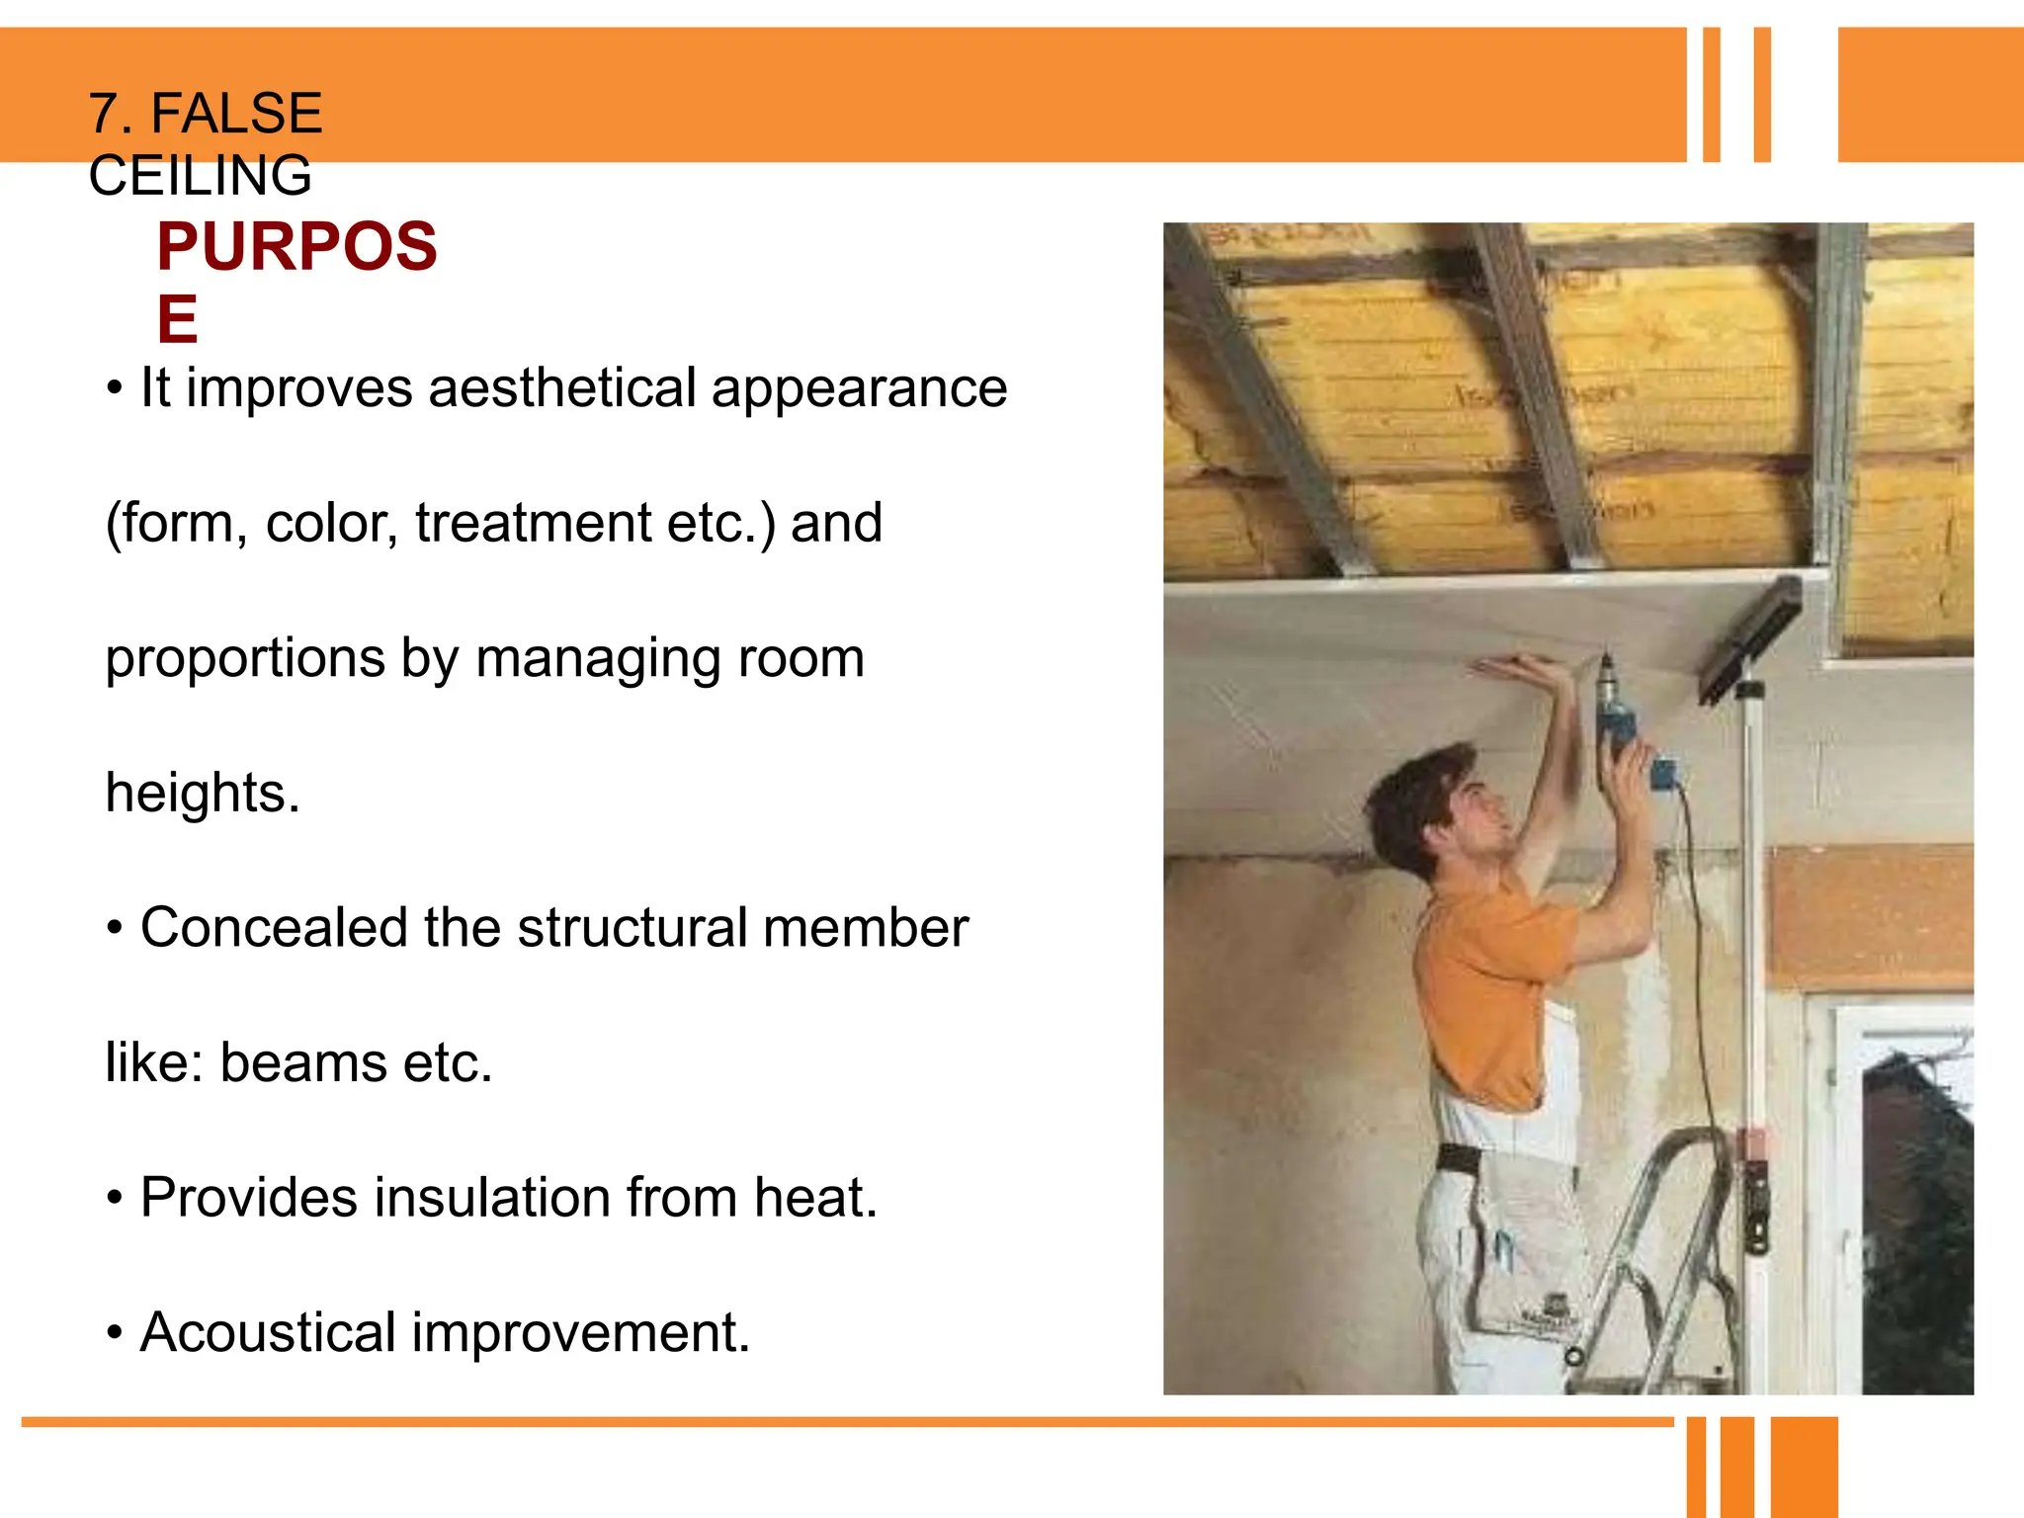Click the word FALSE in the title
click(x=236, y=113)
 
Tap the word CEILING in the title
click(x=200, y=176)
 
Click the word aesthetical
click(x=562, y=386)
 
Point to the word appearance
click(x=859, y=388)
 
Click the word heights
click(x=202, y=793)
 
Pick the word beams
click(x=303, y=1062)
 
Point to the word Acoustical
click(x=268, y=1332)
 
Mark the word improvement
click(x=581, y=1333)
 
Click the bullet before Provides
click(x=116, y=1199)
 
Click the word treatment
click(x=533, y=523)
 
